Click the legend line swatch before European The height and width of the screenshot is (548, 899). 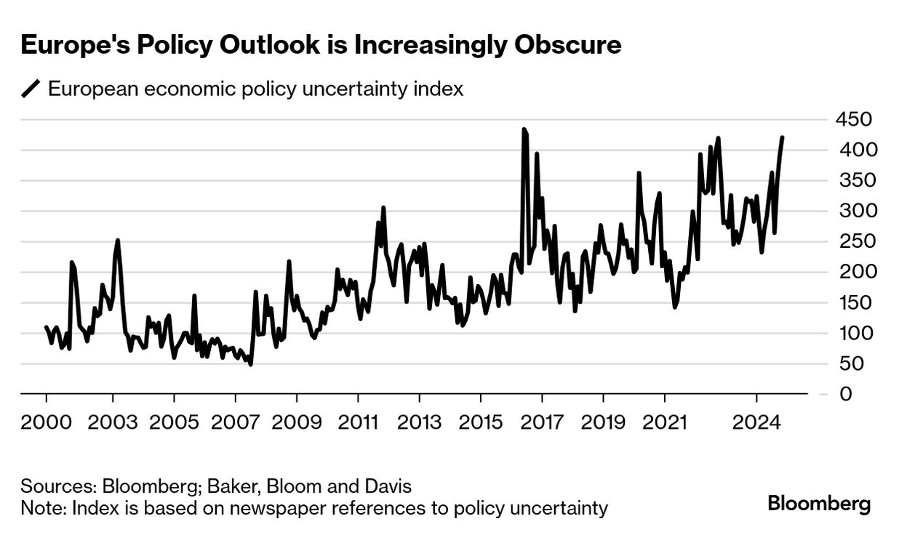[x=31, y=89]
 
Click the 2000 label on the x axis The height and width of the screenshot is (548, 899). [x=47, y=422]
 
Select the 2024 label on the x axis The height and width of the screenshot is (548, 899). [x=757, y=422]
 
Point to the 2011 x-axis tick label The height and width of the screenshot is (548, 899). [x=358, y=422]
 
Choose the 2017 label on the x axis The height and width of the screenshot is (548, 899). [x=542, y=422]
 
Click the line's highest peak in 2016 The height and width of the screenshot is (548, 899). [x=524, y=129]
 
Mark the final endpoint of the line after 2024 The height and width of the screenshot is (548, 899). [x=783, y=137]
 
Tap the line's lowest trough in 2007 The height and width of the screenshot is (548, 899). [x=251, y=364]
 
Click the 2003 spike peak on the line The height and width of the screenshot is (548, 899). [x=117, y=240]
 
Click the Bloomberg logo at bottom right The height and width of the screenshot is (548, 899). [x=819, y=503]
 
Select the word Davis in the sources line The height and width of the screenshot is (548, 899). [x=387, y=486]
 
